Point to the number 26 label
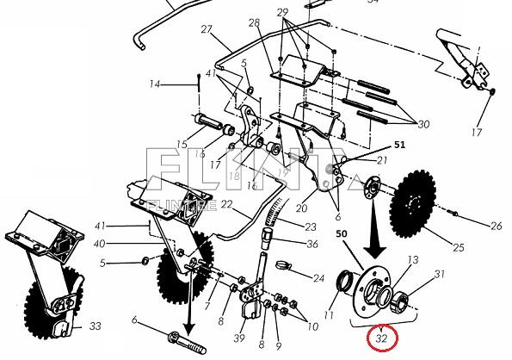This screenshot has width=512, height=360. [x=496, y=227]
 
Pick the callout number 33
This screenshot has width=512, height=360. [x=95, y=326]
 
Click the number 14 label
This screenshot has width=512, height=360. [x=155, y=84]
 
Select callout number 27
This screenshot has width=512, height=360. [x=207, y=30]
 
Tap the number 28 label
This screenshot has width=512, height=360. [x=254, y=22]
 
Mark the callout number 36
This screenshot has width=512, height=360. [x=312, y=244]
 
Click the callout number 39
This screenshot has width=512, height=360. [x=240, y=337]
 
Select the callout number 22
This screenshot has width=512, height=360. [x=226, y=204]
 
